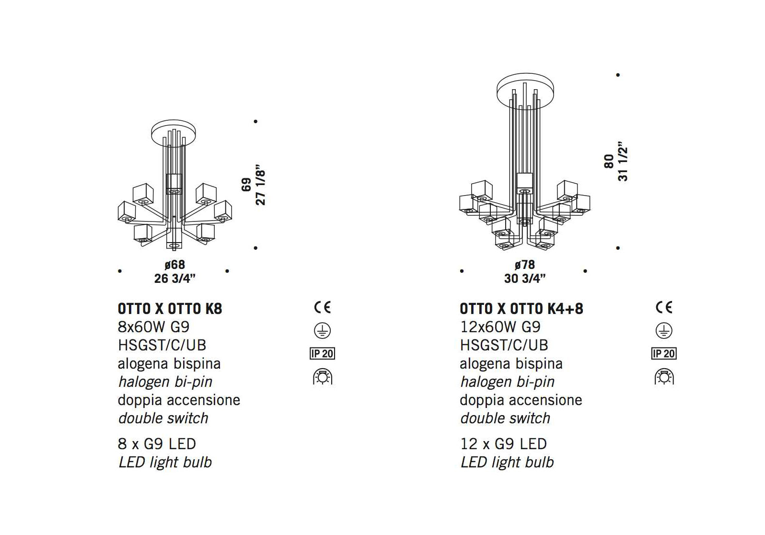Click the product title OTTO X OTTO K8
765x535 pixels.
click(x=170, y=309)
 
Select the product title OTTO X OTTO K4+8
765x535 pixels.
click(x=522, y=309)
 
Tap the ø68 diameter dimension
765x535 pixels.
click(x=174, y=265)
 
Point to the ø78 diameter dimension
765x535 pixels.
click(x=524, y=265)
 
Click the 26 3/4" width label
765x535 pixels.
click(x=174, y=279)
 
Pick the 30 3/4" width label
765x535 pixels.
click(x=525, y=279)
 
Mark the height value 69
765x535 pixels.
click(x=246, y=185)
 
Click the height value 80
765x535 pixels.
click(x=609, y=161)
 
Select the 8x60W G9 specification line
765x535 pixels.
click(x=154, y=327)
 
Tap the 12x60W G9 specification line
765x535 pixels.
click(x=500, y=327)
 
